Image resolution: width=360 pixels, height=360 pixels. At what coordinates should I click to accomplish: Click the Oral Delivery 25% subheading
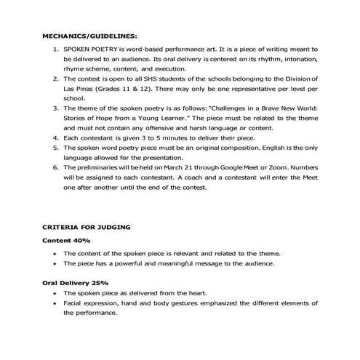76,281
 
